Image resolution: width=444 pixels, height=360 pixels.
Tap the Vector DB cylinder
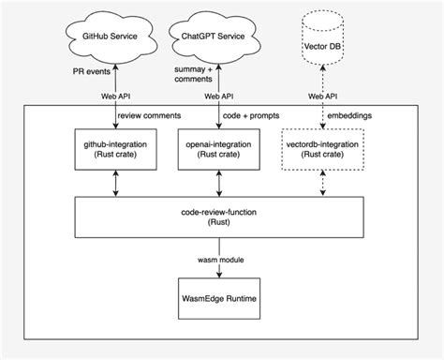(321, 43)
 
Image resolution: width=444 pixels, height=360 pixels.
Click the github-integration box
(115, 148)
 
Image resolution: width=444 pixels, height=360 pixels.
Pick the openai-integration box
(217, 148)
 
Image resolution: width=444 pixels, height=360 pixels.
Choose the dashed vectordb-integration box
(321, 148)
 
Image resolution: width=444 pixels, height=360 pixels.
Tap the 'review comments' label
(150, 116)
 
